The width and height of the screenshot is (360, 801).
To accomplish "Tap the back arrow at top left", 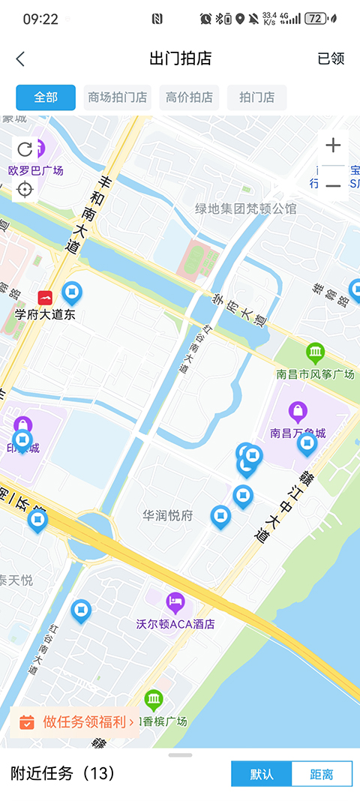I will [20, 59].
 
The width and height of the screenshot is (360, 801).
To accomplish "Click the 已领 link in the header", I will [331, 59].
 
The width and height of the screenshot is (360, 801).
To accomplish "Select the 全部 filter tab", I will [46, 97].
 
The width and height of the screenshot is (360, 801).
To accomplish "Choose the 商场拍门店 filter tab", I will [118, 97].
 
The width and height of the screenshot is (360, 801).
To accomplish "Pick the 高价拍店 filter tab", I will [189, 97].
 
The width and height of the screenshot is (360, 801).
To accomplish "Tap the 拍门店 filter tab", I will [256, 97].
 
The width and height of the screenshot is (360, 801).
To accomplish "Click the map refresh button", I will [25, 149].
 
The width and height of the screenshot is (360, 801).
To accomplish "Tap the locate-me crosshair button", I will [25, 188].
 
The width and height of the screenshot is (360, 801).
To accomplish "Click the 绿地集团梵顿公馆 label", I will [245, 208].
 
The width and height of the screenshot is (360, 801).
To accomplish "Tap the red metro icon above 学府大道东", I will [46, 297].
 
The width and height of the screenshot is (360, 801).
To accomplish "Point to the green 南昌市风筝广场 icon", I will [316, 352].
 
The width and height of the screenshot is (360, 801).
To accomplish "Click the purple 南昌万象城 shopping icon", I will [298, 412].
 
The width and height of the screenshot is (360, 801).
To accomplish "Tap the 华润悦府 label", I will [168, 516].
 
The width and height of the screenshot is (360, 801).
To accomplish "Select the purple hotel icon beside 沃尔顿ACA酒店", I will [175, 601].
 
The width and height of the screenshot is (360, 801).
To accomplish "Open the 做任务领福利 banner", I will [76, 722].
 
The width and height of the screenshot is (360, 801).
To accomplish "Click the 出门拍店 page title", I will [180, 59].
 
